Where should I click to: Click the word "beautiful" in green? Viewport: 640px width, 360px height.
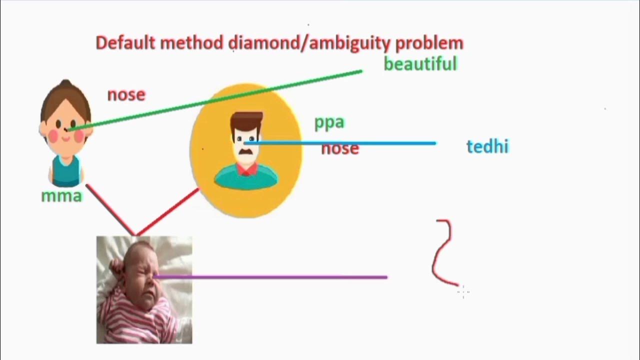(420, 64)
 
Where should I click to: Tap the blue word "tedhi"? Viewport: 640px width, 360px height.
(487, 146)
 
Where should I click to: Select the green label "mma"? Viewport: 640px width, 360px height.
(61, 195)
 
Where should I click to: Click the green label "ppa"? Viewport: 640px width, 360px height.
(329, 122)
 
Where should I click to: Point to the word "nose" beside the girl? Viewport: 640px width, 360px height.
(126, 94)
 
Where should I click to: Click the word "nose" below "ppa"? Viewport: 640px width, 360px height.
(340, 148)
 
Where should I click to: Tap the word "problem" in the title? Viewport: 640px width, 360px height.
(429, 43)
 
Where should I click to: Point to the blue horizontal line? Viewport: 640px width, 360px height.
(350, 143)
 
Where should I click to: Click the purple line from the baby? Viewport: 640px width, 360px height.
(275, 276)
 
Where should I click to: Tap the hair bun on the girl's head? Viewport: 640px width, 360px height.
(65, 84)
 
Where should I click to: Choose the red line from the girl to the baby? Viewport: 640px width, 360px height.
(110, 210)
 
